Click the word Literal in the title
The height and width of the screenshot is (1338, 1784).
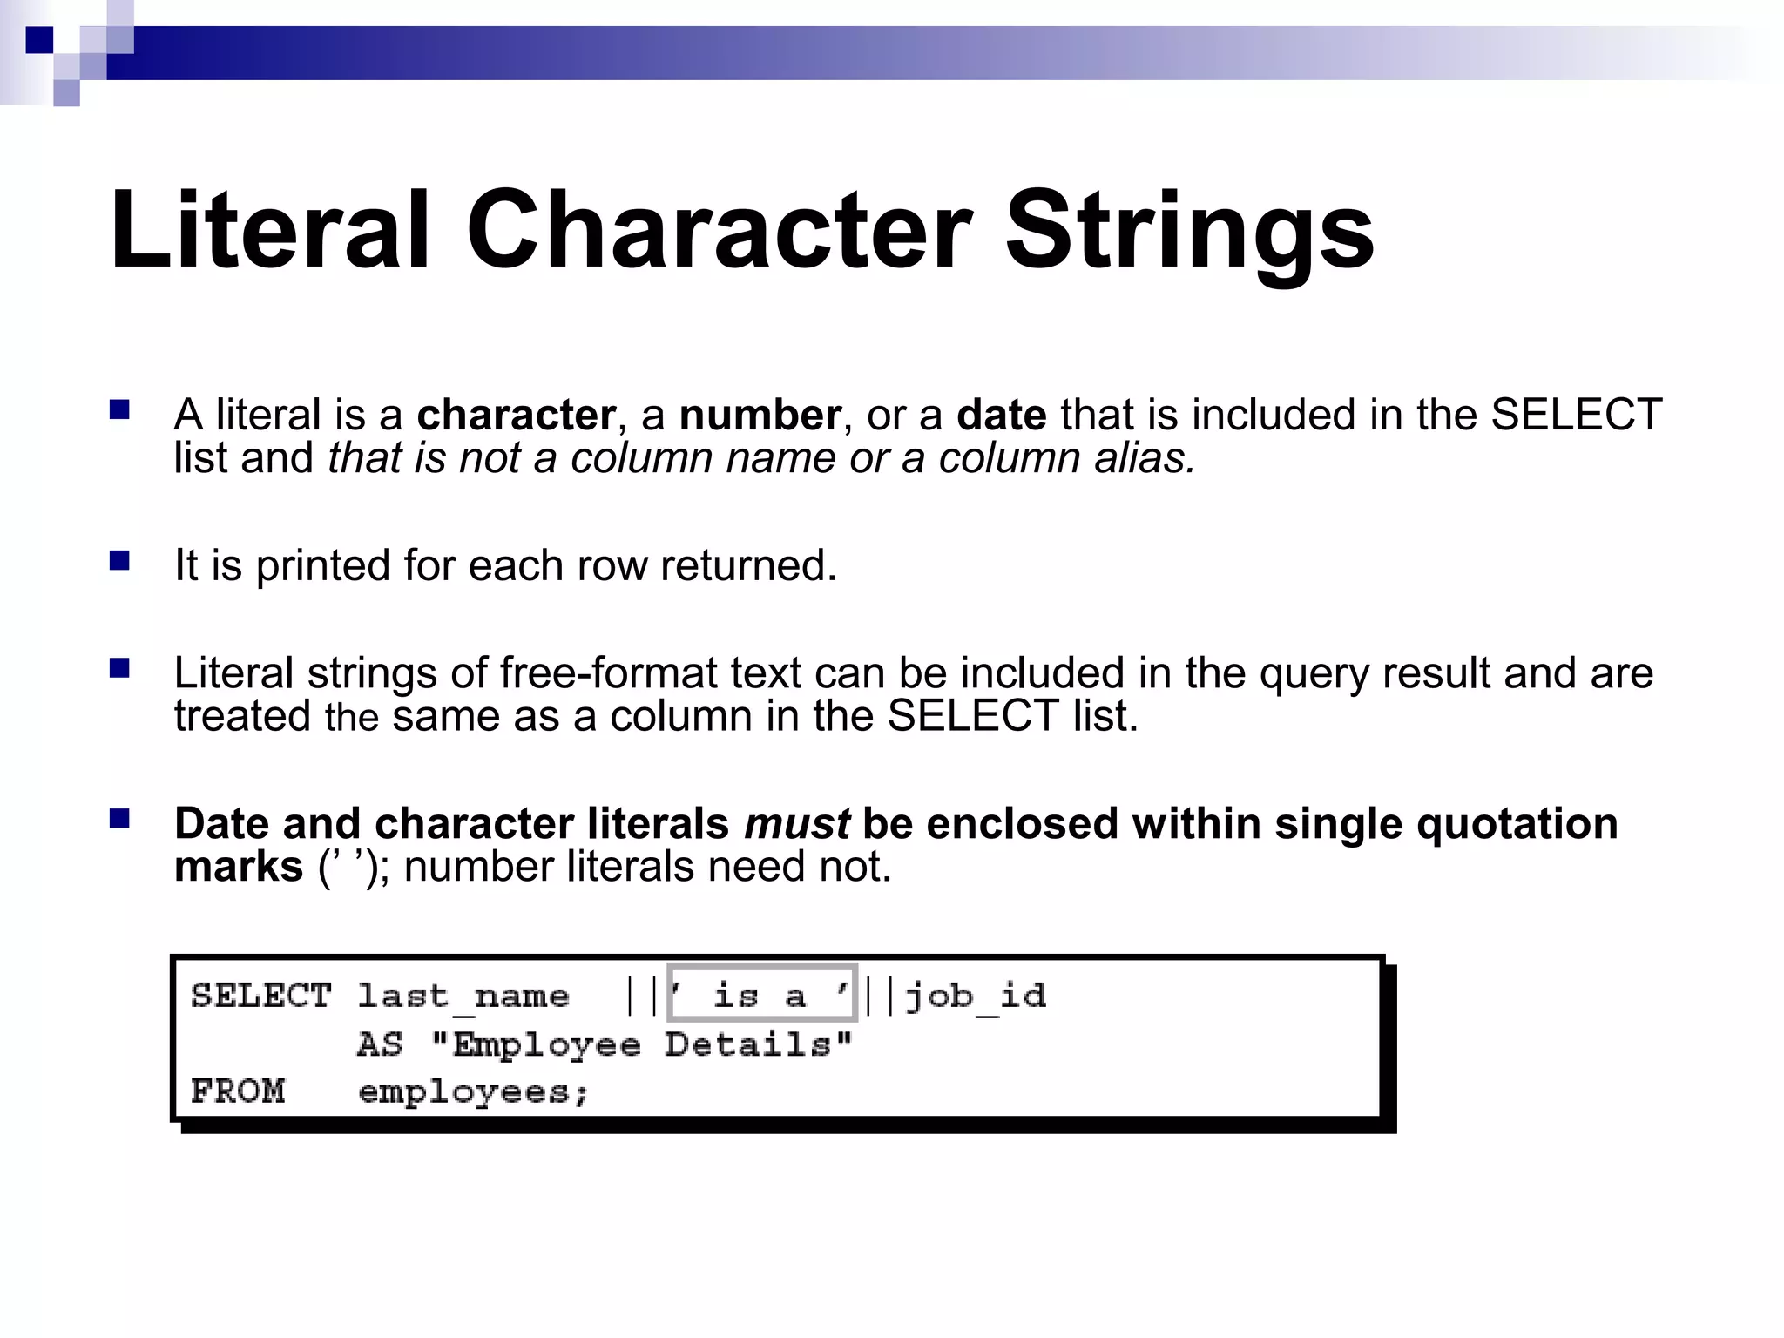pyautogui.click(x=270, y=230)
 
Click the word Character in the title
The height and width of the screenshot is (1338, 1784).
pyautogui.click(x=719, y=230)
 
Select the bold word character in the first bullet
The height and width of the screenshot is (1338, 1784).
pyautogui.click(x=516, y=415)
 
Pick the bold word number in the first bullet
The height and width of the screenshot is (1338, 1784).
pyautogui.click(x=760, y=415)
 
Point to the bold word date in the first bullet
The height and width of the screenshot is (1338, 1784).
pyautogui.click(x=1001, y=415)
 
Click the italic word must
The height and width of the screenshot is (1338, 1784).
pyautogui.click(x=797, y=824)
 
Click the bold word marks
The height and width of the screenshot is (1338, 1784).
pyautogui.click(x=239, y=867)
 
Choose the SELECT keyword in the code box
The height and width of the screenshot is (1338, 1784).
pyautogui.click(x=261, y=995)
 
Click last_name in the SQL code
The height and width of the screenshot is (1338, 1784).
pyautogui.click(x=463, y=995)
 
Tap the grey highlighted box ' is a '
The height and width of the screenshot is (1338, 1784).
pyautogui.click(x=762, y=993)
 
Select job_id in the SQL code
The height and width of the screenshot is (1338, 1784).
pyautogui.click(x=976, y=995)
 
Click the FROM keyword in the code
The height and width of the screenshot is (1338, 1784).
pyautogui.click(x=238, y=1091)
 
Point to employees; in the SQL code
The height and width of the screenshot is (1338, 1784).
pyautogui.click(x=473, y=1091)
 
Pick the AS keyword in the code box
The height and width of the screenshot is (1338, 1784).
pyautogui.click(x=380, y=1044)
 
